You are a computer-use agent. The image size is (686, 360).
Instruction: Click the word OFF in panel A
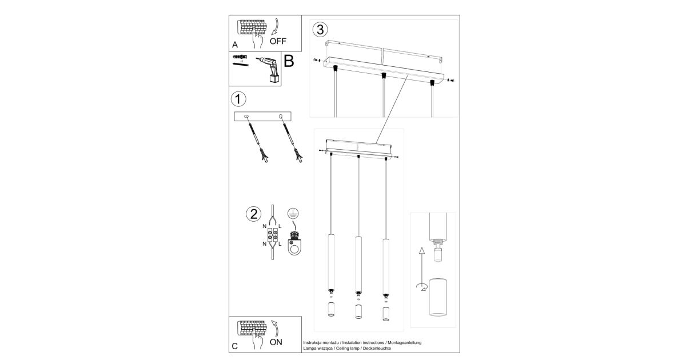pos(278,41)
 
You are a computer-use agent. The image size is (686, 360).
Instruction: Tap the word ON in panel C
pos(276,342)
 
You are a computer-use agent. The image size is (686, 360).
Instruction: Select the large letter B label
pos(289,61)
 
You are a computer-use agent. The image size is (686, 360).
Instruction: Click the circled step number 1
pos(238,99)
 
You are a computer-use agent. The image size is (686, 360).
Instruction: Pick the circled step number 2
pos(254,214)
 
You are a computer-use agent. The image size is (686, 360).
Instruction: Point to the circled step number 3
pos(320,30)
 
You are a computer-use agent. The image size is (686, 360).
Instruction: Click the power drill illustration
pos(269,69)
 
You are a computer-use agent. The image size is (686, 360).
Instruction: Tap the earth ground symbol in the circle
pos(293,213)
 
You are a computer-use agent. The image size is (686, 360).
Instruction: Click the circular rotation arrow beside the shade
pos(422,287)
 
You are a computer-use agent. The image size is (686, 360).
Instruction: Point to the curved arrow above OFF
pos(276,26)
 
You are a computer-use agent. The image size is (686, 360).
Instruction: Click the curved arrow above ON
pos(276,328)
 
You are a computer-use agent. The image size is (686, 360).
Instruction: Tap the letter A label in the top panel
pos(235,45)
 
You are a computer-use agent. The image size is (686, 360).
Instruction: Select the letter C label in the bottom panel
pos(234,346)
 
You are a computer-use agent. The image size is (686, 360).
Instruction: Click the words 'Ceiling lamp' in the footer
pos(345,349)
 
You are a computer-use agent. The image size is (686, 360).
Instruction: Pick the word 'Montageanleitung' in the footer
pos(405,342)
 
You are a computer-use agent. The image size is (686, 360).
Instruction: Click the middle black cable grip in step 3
pos(383,75)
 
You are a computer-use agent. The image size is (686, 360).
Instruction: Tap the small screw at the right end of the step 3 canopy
pos(450,81)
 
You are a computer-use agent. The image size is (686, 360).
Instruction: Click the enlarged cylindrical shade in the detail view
pos(438,297)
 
